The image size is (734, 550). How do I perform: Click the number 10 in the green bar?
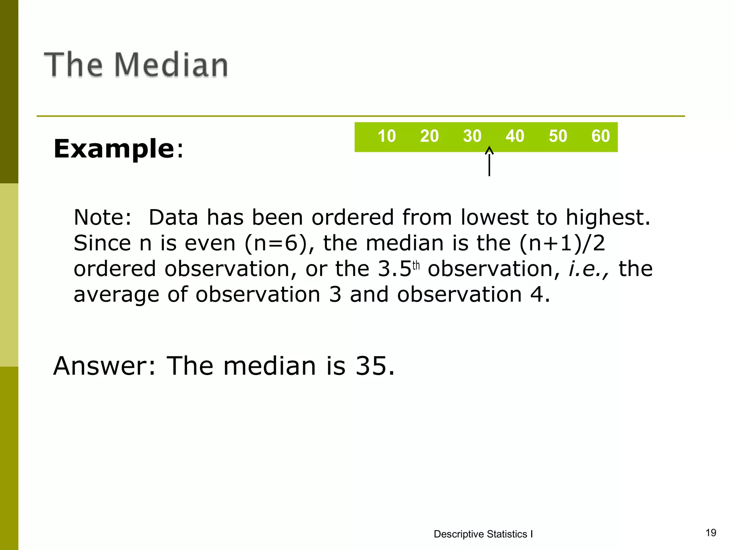click(x=386, y=136)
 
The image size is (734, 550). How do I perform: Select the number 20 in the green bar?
click(x=429, y=136)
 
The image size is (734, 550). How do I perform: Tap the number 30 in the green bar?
click(x=472, y=136)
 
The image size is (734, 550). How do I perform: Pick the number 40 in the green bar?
click(x=515, y=136)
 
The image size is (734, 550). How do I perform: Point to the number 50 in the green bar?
click(x=558, y=136)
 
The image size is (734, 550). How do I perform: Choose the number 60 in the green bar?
click(x=600, y=136)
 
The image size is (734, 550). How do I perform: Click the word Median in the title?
click(x=171, y=65)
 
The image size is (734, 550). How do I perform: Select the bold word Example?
click(x=114, y=149)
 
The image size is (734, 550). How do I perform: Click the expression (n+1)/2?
click(x=562, y=243)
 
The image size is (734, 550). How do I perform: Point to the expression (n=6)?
click(x=276, y=243)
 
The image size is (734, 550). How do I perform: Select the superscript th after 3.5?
click(x=416, y=266)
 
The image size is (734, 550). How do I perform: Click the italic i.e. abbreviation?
click(x=588, y=269)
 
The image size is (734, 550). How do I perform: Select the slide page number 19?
click(x=711, y=532)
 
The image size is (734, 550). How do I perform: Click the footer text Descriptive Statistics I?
click(x=483, y=534)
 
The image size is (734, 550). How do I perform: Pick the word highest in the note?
click(x=607, y=217)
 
